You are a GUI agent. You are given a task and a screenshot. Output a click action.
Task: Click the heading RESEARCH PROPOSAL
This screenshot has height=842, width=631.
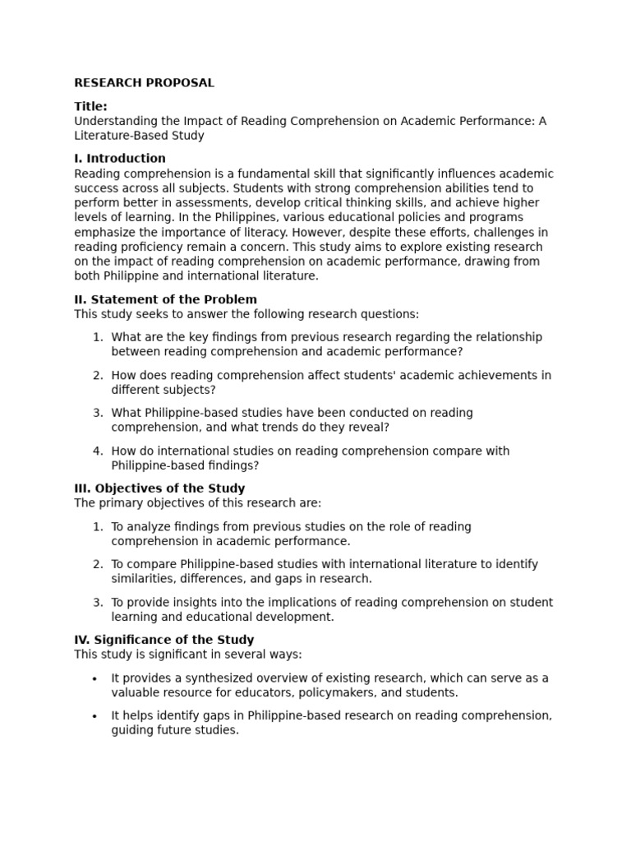[x=144, y=83]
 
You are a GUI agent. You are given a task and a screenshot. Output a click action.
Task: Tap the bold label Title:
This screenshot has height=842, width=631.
[x=90, y=106]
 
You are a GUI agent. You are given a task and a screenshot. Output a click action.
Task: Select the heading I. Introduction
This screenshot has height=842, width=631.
[x=120, y=158]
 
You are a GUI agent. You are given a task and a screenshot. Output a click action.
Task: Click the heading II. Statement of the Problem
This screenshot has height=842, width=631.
[x=165, y=299]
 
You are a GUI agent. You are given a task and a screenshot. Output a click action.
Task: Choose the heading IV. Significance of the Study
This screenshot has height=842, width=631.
[x=164, y=640]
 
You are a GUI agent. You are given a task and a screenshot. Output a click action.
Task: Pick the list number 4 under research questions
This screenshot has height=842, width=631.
[x=98, y=451]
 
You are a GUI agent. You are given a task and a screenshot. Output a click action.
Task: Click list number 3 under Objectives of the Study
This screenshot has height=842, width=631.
[x=98, y=602]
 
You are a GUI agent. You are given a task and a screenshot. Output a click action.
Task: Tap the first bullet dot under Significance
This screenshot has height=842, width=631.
[x=94, y=678]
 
